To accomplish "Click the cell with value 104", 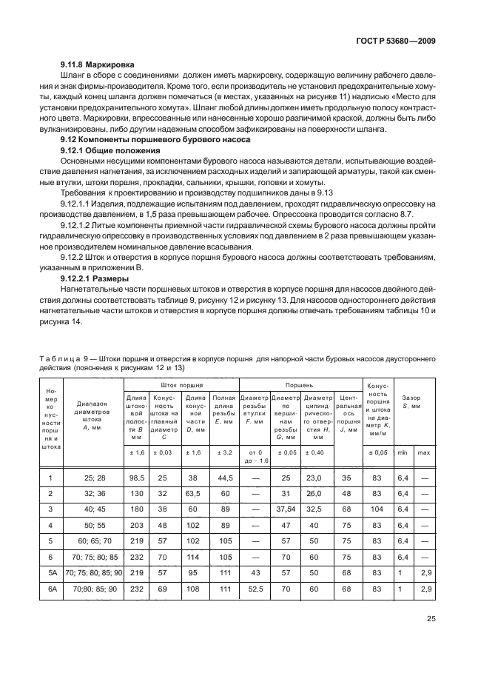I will pyautogui.click(x=375, y=509).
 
